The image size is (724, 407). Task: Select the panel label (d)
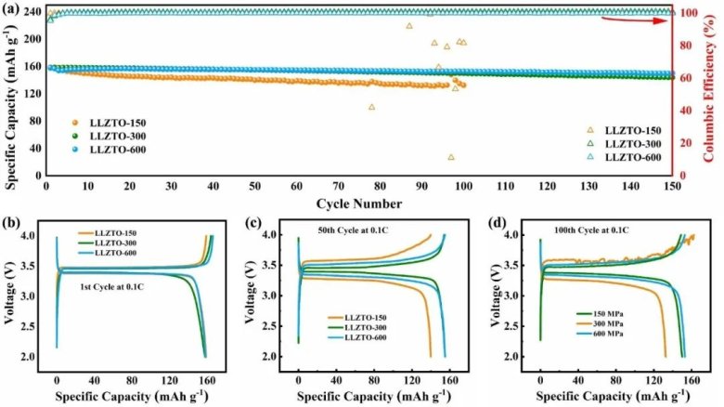pos(494,222)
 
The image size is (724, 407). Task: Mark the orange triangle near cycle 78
pos(372,107)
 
